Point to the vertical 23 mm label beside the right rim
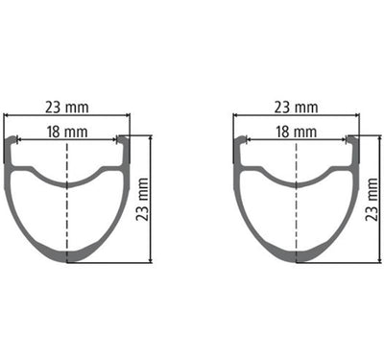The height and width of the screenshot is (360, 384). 372,199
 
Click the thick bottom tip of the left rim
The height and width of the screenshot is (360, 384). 67,256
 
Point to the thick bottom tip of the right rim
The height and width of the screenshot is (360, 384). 297,256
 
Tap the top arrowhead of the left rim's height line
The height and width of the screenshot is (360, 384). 151,138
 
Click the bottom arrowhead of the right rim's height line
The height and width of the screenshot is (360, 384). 365,259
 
